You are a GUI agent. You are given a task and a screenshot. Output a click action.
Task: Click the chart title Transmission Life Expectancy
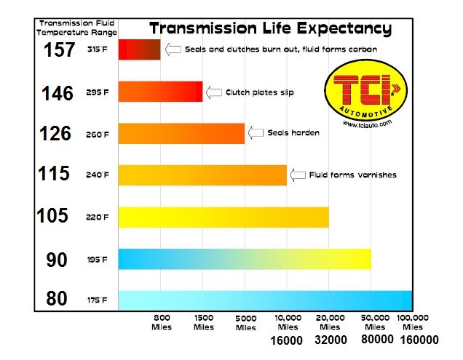270,29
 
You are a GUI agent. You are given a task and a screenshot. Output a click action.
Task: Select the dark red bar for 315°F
138,49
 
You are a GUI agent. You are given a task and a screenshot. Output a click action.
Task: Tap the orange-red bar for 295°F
159,92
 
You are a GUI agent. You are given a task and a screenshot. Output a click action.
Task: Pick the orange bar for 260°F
181,133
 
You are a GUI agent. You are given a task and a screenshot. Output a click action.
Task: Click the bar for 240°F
202,175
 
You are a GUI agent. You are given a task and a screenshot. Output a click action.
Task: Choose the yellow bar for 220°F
223,217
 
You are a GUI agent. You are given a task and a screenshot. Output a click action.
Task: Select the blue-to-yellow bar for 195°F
244,259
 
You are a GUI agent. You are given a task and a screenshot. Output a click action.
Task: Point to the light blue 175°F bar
264,300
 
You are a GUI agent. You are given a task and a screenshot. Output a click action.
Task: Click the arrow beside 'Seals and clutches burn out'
173,49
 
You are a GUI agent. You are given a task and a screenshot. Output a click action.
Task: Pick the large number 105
56,216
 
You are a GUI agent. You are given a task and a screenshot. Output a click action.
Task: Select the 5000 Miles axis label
245,323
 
